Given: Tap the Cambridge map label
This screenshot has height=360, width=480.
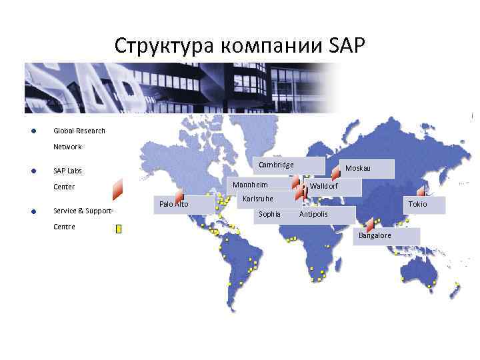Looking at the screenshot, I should [276, 165].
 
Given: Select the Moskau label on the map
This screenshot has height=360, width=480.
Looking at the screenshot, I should [358, 168].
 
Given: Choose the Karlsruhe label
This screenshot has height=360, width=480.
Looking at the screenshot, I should [258, 199].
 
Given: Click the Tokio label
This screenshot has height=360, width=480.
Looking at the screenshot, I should [417, 204].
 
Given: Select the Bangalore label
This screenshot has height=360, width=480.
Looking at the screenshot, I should [375, 236].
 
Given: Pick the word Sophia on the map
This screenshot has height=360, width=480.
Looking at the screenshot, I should [269, 214].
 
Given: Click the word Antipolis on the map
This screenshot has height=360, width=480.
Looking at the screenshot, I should [313, 214].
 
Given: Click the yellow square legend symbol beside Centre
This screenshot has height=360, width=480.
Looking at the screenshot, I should [119, 229].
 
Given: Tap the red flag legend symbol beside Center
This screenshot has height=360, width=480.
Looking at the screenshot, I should [117, 190].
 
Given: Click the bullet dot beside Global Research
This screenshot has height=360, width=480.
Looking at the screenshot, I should [33, 131].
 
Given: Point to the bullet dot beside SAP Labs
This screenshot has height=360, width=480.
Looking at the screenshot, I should [33, 171].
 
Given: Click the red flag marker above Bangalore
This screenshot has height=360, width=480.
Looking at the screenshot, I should [370, 225].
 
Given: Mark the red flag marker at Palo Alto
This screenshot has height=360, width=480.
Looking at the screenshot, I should [179, 194].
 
